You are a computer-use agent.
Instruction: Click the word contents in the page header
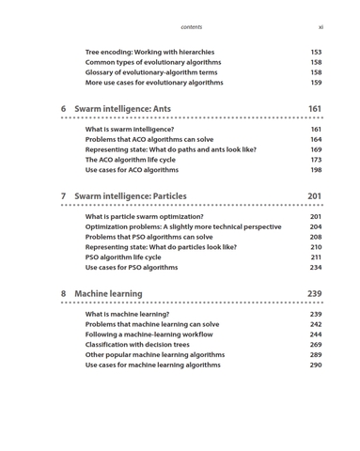click(191, 27)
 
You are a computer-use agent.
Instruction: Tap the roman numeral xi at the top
click(321, 27)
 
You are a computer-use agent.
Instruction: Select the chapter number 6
click(64, 109)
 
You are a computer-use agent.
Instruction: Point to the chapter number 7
click(64, 196)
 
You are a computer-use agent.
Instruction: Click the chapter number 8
click(64, 294)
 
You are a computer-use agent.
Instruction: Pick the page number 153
click(316, 53)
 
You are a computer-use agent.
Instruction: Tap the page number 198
click(316, 170)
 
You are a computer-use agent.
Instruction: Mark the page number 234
click(316, 268)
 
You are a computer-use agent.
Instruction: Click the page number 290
click(316, 365)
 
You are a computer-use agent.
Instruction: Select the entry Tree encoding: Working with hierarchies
click(149, 53)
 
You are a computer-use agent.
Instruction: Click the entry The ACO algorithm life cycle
click(137, 160)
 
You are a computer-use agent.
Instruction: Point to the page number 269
click(316, 345)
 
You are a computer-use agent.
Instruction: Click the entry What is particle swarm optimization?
click(144, 216)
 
